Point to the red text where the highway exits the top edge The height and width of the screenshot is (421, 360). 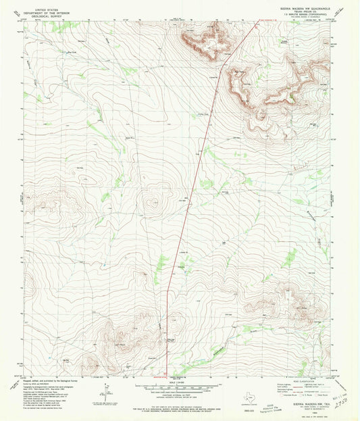[266, 20]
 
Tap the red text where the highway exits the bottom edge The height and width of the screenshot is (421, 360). [160, 377]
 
